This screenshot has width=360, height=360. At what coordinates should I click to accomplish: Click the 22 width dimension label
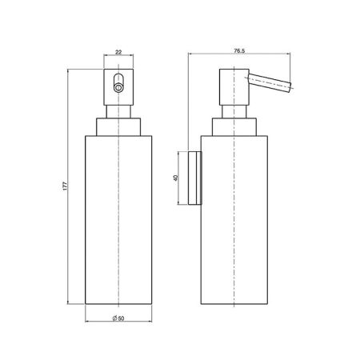point(118,52)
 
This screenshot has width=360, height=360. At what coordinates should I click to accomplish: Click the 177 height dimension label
point(66,186)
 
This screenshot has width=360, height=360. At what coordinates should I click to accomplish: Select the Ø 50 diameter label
point(118,318)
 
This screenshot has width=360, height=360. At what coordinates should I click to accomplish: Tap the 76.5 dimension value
point(239,51)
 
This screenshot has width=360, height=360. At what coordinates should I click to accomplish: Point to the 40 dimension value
point(175,178)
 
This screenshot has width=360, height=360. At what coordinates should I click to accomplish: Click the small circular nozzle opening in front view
point(118,88)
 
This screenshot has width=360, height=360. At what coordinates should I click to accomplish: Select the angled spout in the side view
point(270,83)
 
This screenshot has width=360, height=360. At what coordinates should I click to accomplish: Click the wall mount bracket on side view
point(195,178)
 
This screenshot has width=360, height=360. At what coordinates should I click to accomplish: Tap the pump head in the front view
point(118,87)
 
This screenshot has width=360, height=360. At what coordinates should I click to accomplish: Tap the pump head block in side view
point(234,87)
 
